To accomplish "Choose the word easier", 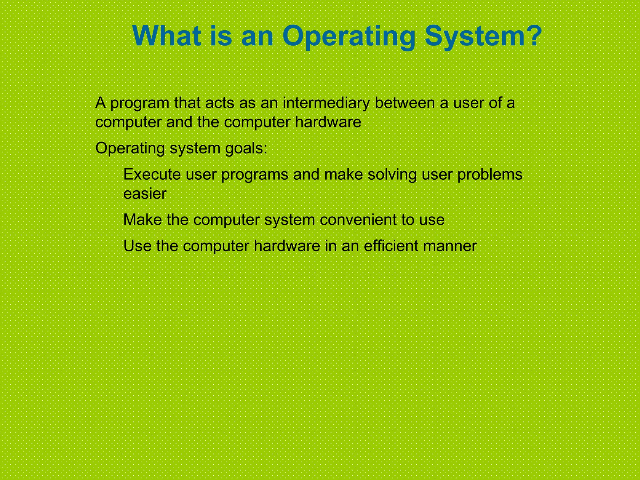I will pyautogui.click(x=145, y=194).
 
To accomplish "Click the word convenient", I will pyautogui.click(x=356, y=220).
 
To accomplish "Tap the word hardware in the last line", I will pyautogui.click(x=287, y=246).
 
